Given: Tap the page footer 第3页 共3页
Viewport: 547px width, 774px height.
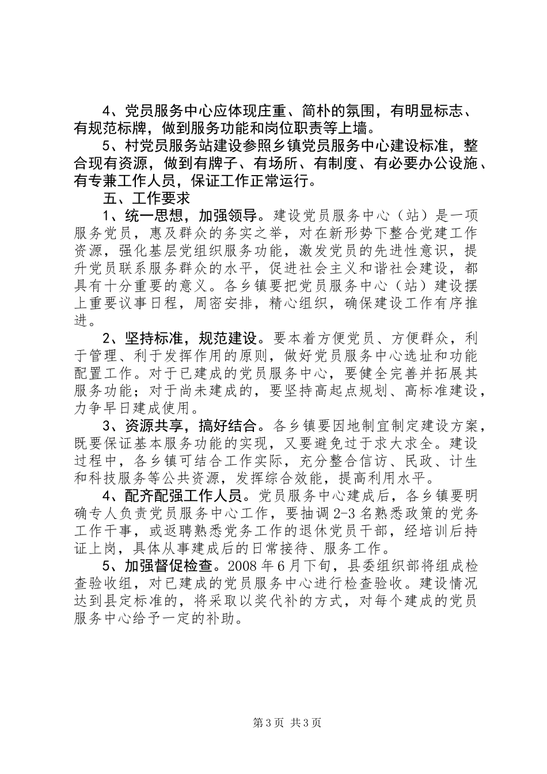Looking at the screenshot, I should pos(273,723).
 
